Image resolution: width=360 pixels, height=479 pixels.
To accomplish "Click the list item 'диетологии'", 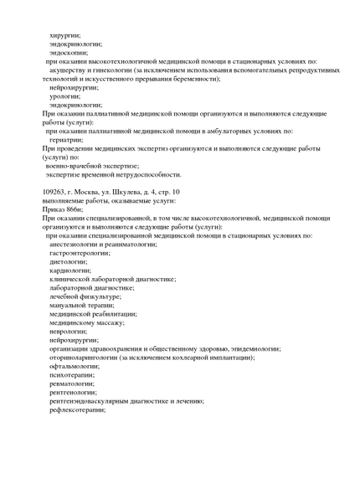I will (x=68, y=261).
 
